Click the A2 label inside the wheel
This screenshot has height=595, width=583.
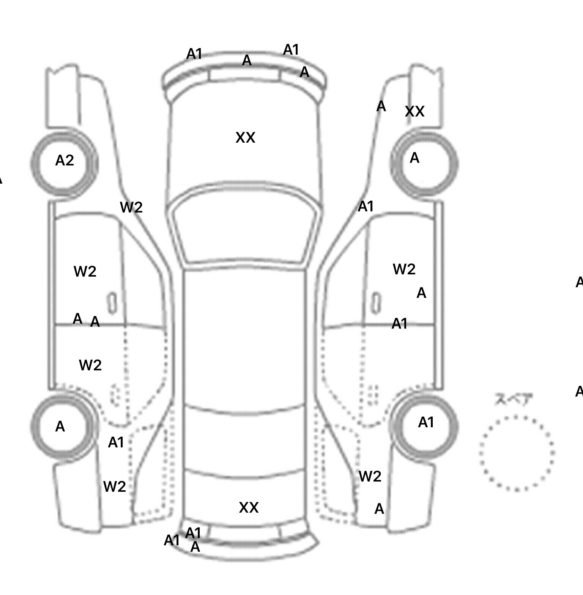pos(65,161)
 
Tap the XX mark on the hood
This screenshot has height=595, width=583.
pos(245,138)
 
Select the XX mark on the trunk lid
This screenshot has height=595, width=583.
pos(249,507)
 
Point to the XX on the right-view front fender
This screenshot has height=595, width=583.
pos(414,112)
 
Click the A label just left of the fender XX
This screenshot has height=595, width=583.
pos(381,107)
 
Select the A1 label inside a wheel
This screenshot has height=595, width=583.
pos(426,422)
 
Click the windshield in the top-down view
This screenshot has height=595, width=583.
pos(245,228)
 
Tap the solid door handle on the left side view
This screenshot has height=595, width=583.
pos(112,303)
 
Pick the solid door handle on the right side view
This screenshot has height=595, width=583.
pos(376,302)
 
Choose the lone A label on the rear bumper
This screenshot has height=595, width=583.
pos(195,547)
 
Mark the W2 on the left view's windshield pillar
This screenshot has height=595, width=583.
pos(131,207)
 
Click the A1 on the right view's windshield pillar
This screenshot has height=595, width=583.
pos(366,206)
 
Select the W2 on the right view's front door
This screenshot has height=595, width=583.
pos(404,269)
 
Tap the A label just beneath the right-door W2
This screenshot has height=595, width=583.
pos(421,293)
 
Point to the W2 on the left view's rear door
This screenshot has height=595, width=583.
pos(90,365)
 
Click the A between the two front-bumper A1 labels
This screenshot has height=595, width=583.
pos(247,60)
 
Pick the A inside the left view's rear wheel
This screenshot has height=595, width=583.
pos(60,427)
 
